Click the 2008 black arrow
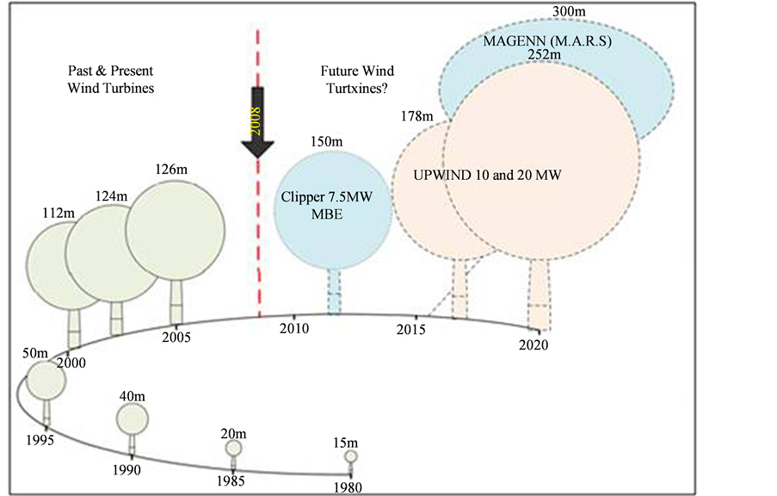pyautogui.click(x=257, y=121)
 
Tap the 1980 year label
pyautogui.click(x=348, y=487)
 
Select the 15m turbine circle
pyautogui.click(x=350, y=456)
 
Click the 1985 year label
pyautogui.click(x=231, y=481)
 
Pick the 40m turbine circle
pyautogui.click(x=132, y=418)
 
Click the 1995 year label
pyautogui.click(x=40, y=440)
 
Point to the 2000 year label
pyautogui.click(x=71, y=363)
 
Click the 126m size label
pyautogui.click(x=170, y=170)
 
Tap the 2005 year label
pyautogui.click(x=176, y=337)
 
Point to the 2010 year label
pyautogui.click(x=295, y=328)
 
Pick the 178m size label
pyautogui.click(x=416, y=115)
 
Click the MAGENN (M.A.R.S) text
pyautogui.click(x=533, y=41)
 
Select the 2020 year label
pyautogui.click(x=534, y=345)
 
